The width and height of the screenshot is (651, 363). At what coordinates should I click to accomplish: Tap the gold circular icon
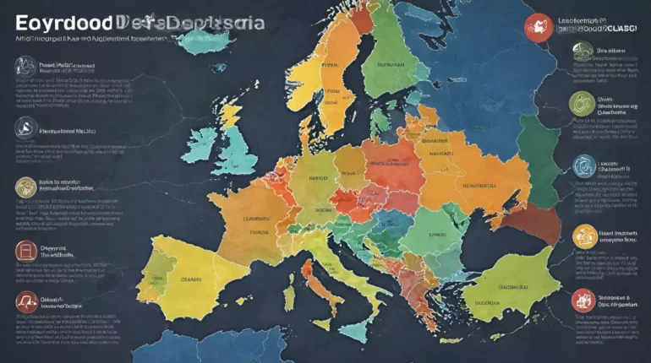coord(26,187)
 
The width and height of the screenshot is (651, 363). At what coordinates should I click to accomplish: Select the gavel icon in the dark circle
coord(26,128)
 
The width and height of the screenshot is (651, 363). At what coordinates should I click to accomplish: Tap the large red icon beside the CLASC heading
coord(539,28)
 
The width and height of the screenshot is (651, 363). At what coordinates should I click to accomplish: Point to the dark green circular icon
coord(583,51)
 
